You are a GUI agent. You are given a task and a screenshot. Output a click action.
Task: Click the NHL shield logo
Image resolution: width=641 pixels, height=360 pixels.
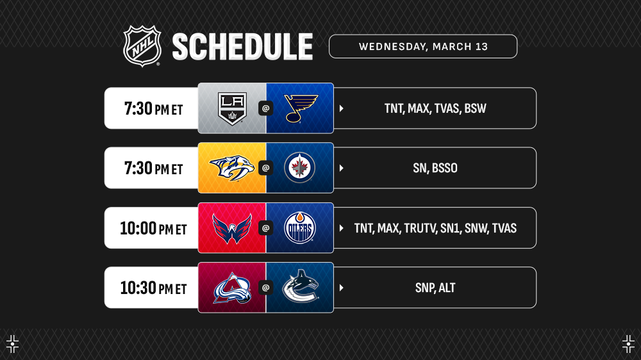(x=142, y=46)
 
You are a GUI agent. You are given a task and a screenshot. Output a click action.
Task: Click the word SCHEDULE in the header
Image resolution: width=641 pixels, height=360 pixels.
(x=242, y=47)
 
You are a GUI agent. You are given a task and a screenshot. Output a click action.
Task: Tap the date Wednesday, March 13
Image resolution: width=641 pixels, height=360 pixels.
(x=423, y=47)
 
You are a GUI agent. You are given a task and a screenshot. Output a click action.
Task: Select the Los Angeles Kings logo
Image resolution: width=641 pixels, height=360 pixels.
(x=232, y=109)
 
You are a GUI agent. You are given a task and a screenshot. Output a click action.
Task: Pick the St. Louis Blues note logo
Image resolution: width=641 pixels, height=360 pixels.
(x=301, y=108)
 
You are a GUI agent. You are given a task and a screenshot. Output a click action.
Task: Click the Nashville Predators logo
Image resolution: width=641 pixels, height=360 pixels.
(x=232, y=168)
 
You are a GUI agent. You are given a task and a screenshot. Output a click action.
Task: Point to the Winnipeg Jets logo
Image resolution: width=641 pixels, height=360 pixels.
(x=299, y=168)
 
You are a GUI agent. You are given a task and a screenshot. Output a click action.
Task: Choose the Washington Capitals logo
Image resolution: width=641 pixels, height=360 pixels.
(x=232, y=229)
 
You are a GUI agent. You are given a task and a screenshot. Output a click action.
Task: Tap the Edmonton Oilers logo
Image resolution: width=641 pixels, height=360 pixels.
(x=299, y=227)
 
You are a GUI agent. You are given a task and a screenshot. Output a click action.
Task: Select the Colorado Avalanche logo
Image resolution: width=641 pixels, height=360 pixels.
(x=232, y=288)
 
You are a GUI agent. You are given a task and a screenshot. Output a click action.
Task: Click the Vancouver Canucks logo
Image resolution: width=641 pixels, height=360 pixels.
(x=301, y=287)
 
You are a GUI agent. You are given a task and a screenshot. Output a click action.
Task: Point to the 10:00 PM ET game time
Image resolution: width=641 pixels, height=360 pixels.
(x=153, y=228)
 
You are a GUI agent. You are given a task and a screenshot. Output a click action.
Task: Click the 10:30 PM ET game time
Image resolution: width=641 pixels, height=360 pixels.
(x=153, y=288)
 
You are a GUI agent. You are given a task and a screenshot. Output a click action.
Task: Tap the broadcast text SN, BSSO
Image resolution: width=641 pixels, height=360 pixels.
(x=435, y=168)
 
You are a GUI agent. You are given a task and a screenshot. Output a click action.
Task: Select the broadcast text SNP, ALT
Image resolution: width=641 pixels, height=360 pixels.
(x=435, y=288)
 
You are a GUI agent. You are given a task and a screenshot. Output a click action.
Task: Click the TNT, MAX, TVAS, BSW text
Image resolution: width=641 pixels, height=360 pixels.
(x=435, y=108)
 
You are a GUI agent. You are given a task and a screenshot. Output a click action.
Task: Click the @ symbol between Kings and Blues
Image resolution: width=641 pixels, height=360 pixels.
(x=266, y=108)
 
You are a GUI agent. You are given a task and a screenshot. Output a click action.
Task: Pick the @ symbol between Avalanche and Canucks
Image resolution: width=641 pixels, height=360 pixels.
(x=266, y=288)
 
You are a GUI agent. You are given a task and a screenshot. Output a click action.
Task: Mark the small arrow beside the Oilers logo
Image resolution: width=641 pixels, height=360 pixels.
(x=342, y=228)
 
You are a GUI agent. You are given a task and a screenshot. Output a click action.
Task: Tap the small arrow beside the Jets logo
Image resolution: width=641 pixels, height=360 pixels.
(x=342, y=168)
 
